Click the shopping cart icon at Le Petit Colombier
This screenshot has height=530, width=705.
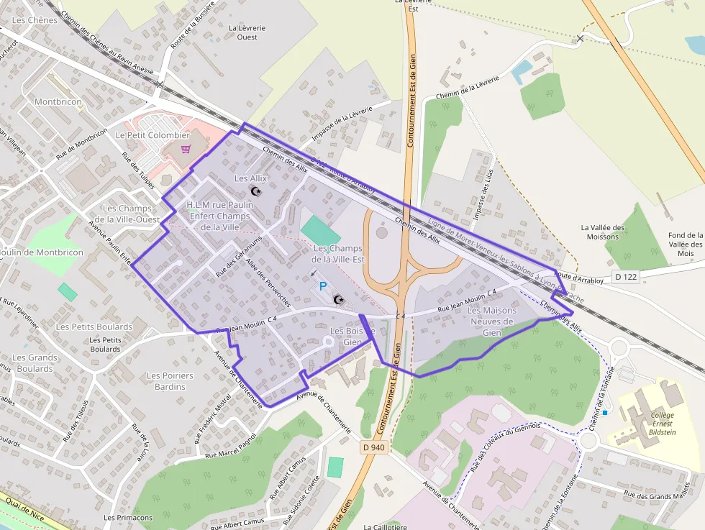[x=186, y=149]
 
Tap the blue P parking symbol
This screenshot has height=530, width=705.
[x=323, y=286]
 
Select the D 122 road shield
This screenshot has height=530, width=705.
[x=626, y=277]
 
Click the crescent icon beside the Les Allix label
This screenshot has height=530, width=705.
[x=255, y=191]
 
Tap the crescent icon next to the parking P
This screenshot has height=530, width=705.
[x=340, y=299]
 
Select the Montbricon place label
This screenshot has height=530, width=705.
[x=58, y=102]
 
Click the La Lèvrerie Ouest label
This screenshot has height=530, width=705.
[x=247, y=32]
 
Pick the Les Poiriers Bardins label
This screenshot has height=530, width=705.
[x=170, y=381]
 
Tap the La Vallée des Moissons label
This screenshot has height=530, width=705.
[x=603, y=232]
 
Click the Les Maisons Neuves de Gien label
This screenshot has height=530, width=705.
[x=492, y=321]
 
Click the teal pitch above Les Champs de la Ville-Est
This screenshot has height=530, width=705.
[x=321, y=230]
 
